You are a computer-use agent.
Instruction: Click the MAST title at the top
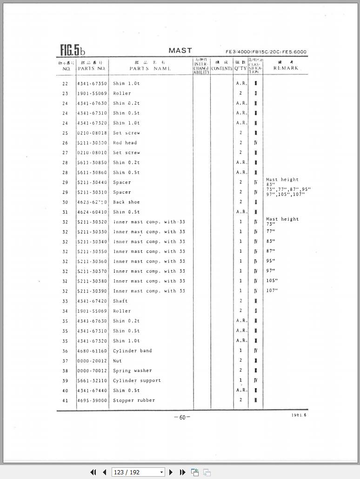click(180, 50)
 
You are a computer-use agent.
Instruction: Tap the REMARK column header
click(286, 68)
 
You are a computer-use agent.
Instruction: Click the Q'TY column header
click(240, 68)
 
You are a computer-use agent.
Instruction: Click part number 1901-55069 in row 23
click(92, 94)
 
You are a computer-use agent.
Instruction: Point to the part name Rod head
click(125, 143)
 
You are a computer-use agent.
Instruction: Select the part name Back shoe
click(126, 202)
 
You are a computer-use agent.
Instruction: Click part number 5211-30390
click(92, 291)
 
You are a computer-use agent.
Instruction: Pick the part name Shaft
click(120, 301)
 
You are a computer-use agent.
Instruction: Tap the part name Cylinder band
click(132, 351)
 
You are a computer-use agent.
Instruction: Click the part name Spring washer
click(132, 371)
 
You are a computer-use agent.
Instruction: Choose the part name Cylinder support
click(137, 380)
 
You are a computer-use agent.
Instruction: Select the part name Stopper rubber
click(134, 400)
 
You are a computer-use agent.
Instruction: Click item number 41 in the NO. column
click(65, 400)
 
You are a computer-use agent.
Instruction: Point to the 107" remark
click(272, 291)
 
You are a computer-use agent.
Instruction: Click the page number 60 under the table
click(182, 417)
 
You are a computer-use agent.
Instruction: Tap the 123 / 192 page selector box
click(138, 472)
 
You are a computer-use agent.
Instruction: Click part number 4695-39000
click(92, 400)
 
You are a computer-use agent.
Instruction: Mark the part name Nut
click(117, 361)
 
